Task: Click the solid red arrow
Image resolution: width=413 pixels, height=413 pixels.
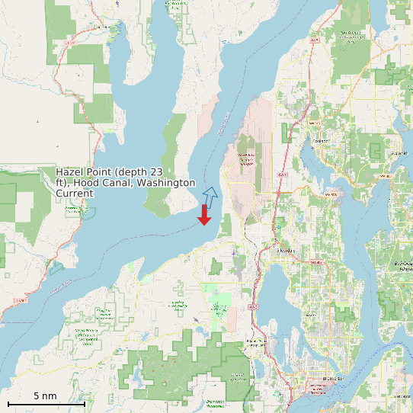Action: pos(204,215)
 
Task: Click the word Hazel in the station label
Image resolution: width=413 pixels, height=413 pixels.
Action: pos(71,172)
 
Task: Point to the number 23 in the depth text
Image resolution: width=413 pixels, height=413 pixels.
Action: pos(158,172)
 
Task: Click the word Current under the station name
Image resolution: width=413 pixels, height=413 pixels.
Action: pos(75,194)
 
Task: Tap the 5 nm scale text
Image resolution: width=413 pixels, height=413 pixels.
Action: pos(45,396)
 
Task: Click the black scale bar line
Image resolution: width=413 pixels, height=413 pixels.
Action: pos(46,404)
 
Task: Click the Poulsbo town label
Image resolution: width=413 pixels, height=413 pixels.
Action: pos(320,140)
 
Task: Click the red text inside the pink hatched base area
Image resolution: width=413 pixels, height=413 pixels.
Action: pos(245,159)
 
